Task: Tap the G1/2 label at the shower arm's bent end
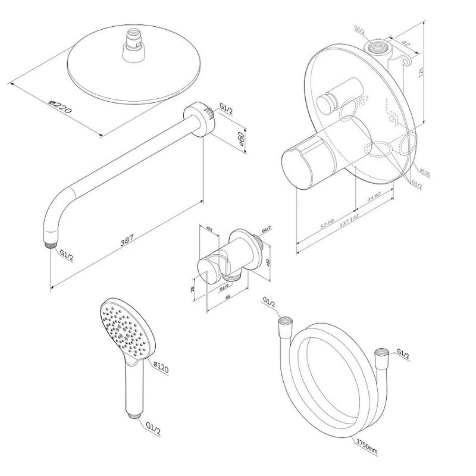pyautogui.click(x=67, y=255)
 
